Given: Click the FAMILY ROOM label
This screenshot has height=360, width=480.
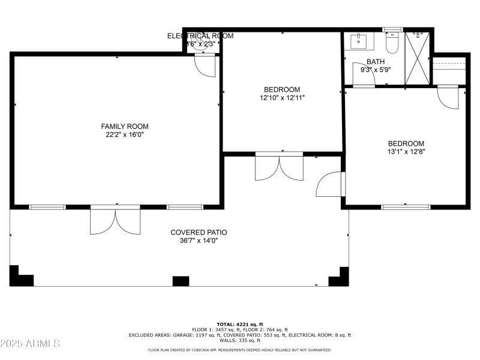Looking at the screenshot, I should (124, 126).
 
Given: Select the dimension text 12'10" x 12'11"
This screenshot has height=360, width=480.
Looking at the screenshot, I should (282, 98).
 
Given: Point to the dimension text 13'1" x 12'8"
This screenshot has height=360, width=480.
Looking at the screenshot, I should (406, 152).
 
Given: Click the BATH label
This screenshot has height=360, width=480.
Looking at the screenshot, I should (376, 61).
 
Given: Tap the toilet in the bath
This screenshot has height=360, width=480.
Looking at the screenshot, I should (392, 43).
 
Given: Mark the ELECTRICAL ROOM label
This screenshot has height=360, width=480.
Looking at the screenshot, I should (200, 36).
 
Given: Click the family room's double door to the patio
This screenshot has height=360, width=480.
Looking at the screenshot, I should (115, 220).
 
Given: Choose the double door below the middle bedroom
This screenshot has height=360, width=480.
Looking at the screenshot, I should (279, 166).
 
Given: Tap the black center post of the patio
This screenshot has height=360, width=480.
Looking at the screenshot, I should (181, 281).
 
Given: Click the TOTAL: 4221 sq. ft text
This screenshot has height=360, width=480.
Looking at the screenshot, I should (240, 324).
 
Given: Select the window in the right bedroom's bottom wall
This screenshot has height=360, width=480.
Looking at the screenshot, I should (406, 207).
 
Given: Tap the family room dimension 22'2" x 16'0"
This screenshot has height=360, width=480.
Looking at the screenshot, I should (124, 135).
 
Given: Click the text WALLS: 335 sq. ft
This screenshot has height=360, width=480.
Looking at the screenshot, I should (240, 340).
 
